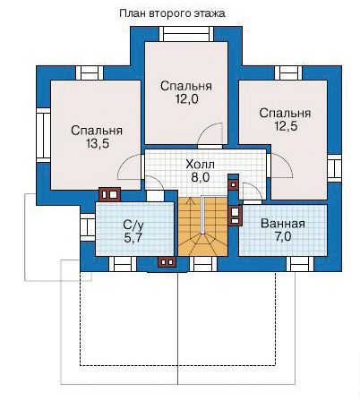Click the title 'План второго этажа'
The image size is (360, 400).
click(172, 13)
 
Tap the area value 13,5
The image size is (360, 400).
click(98, 144)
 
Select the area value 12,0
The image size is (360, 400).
click(186, 98)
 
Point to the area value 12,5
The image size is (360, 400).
click(286, 126)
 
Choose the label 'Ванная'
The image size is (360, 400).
click(283, 224)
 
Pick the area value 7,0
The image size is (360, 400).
click(283, 237)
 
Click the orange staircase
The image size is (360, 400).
click(203, 226)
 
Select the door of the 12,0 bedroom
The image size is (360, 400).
click(210, 136)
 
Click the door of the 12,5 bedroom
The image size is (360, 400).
click(279, 166)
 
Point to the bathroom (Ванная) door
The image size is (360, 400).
click(253, 192)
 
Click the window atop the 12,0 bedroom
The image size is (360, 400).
click(186, 34)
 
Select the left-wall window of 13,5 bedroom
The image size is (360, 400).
click(44, 135)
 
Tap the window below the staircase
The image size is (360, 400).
click(203, 264)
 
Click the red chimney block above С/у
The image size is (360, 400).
click(109, 195)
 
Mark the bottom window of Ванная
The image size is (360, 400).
click(300, 264)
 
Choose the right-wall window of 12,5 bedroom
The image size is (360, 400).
click(334, 168)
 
